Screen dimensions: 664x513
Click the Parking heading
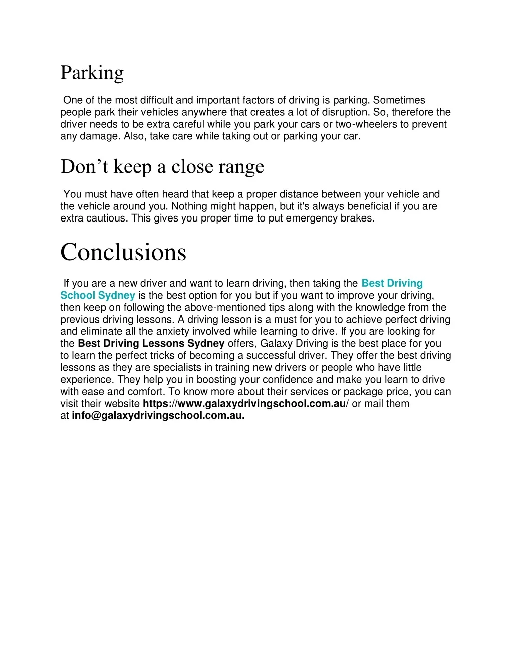[92, 73]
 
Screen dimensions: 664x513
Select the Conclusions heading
[123, 252]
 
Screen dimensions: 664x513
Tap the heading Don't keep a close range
[162, 167]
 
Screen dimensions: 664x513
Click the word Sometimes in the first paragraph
[399, 100]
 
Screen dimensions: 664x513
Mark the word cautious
[106, 218]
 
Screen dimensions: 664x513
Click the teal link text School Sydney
[98, 296]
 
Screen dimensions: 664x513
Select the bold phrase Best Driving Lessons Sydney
[151, 344]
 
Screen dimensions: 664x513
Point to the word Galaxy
[277, 344]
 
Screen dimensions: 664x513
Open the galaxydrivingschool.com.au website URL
[244, 404]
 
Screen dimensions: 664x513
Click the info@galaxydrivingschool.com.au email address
[158, 416]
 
